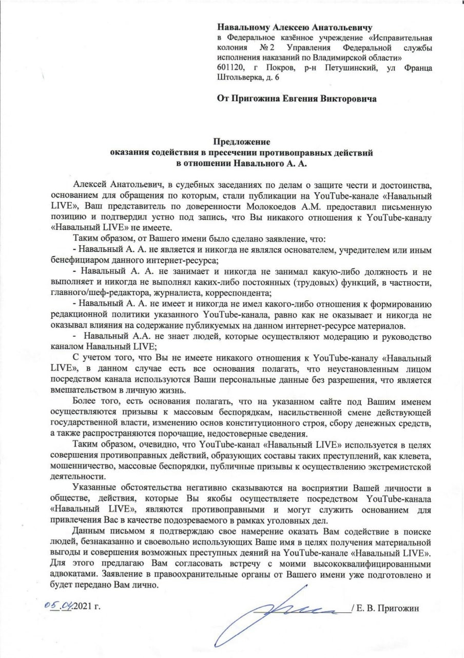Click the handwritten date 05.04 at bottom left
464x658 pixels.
58,607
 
